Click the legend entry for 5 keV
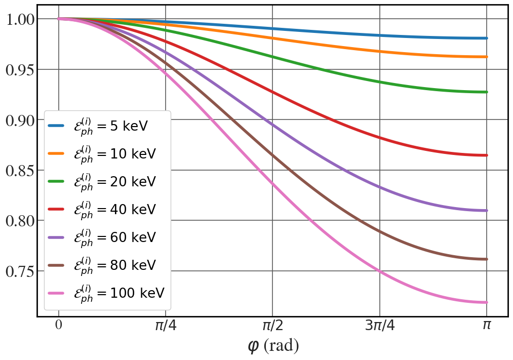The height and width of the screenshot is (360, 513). (108, 126)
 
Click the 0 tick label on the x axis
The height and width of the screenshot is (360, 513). (59, 325)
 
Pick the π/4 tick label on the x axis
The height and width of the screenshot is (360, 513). (166, 326)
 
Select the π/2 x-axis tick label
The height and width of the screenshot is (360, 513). (272, 326)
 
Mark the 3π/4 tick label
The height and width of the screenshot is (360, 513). (379, 326)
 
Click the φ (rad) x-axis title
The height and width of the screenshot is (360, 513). (273, 346)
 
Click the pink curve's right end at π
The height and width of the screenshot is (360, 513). (486, 302)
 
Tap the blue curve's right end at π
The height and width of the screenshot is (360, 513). (486, 38)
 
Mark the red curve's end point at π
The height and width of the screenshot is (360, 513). (486, 155)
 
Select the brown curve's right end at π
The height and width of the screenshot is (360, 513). (486, 259)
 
